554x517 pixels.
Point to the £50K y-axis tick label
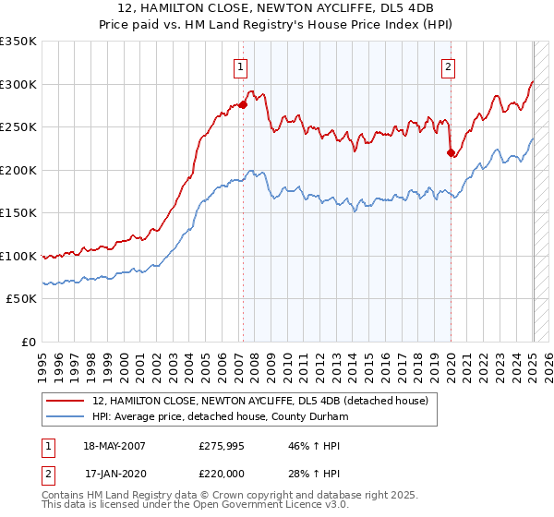[20, 299]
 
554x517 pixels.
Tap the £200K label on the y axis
[18, 170]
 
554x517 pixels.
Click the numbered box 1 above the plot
[240, 66]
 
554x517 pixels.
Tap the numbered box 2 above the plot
[448, 66]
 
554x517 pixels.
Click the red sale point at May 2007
[244, 105]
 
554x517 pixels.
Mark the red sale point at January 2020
[451, 153]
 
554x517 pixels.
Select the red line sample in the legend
[66, 402]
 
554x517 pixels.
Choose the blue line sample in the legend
[66, 418]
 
